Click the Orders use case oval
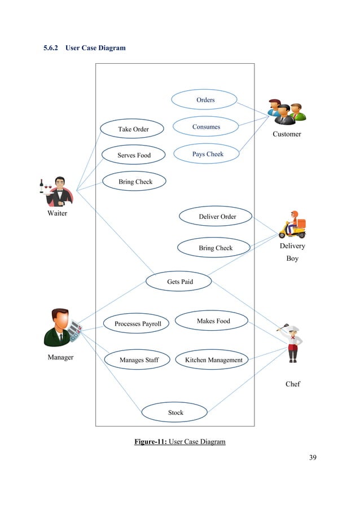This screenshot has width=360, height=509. pos(205,100)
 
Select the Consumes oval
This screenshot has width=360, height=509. pos(205,127)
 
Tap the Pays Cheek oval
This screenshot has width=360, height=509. pos(207,154)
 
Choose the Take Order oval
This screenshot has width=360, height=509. pos(133,129)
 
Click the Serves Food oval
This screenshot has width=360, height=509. pos(133,155)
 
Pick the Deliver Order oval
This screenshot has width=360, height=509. pos(217,217)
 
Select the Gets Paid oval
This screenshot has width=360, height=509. pos(179,281)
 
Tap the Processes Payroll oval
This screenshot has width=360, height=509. pos(137,324)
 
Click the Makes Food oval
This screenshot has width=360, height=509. pos(213,321)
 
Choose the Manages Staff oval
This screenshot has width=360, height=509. pos(138,360)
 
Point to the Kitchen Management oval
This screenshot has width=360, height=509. pos(213,360)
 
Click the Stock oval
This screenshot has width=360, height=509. pos(175,413)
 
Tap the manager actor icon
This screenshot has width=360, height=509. pos(62,327)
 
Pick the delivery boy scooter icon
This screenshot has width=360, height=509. pos(292,225)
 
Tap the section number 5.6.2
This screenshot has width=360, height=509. pos(52,48)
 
